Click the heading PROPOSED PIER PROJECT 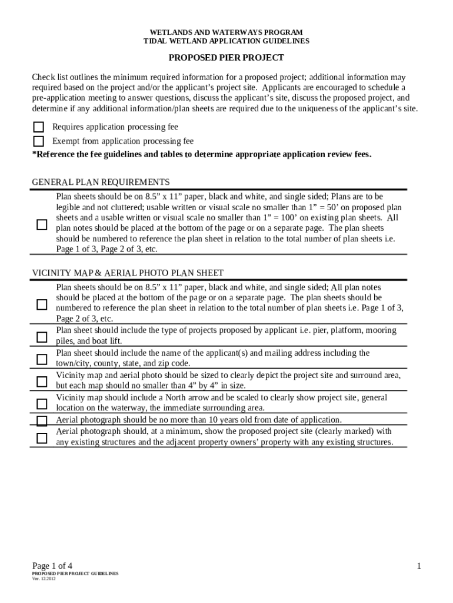click(226, 58)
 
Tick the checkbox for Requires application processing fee click(39, 127)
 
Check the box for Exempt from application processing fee click(39, 141)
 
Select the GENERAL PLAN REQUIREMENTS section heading click(101, 182)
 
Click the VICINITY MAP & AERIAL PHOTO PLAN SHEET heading click(127, 273)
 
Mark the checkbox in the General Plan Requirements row click(42, 224)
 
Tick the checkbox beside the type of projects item click(42, 337)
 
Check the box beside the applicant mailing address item click(42, 359)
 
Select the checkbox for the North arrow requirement click(42, 403)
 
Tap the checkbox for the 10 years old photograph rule click(42, 420)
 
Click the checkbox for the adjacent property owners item click(42, 438)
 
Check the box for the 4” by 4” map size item click(42, 382)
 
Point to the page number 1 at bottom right click(419, 566)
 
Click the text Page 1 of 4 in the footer click(52, 566)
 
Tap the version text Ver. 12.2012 click(44, 578)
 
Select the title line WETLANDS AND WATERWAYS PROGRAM click(226, 32)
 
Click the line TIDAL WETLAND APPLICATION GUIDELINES click(226, 41)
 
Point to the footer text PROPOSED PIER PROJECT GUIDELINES click(75, 573)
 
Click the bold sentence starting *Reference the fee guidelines click(202, 154)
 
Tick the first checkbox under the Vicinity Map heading click(42, 304)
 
